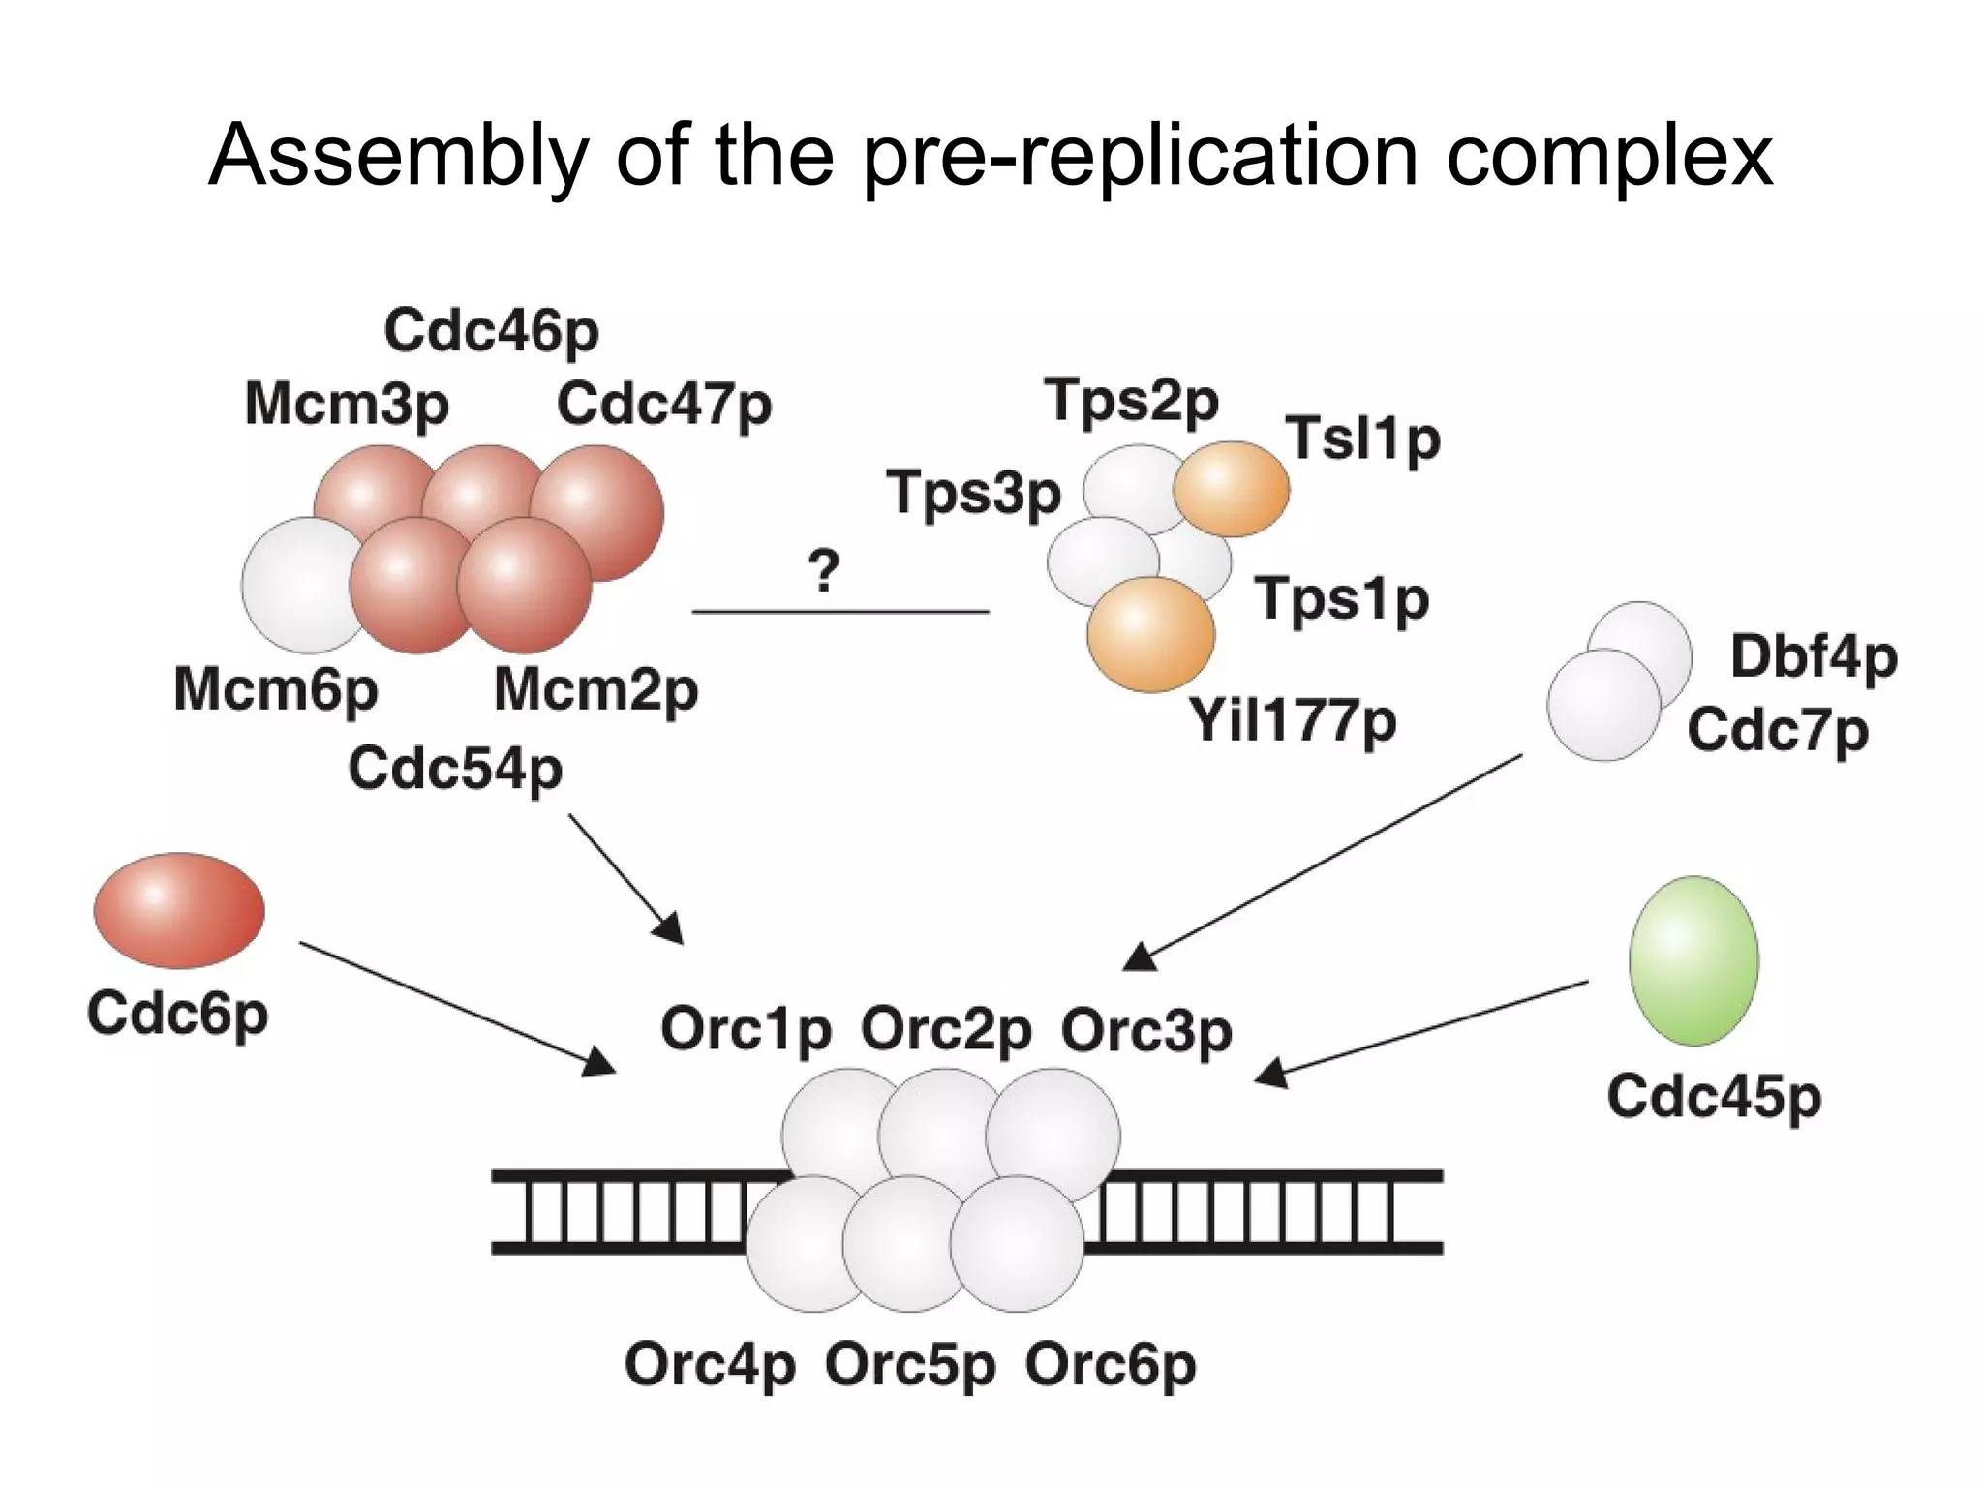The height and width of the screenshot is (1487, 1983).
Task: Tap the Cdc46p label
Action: click(x=491, y=332)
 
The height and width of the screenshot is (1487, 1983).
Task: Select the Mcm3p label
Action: click(x=347, y=405)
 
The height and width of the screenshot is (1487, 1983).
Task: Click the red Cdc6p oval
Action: click(x=178, y=910)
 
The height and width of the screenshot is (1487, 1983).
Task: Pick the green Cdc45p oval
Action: click(x=1693, y=960)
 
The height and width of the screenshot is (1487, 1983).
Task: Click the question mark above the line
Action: click(x=823, y=571)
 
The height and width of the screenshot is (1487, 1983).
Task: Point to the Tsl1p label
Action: click(x=1362, y=440)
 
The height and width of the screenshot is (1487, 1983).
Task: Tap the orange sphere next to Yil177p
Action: click(x=1150, y=635)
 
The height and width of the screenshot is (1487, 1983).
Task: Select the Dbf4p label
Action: click(x=1813, y=658)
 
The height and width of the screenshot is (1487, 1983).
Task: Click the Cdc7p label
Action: click(x=1777, y=731)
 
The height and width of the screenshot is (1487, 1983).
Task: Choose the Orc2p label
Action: click(x=945, y=1030)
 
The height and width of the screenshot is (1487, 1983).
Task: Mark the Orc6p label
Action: click(x=1110, y=1365)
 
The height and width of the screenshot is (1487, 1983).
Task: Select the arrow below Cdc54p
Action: click(x=625, y=877)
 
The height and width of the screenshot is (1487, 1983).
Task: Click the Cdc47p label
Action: click(x=663, y=405)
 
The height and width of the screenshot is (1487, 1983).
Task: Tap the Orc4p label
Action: click(x=710, y=1365)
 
